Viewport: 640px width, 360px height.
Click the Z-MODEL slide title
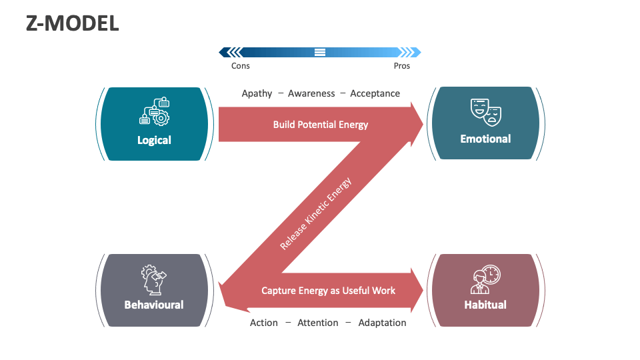coord(72,23)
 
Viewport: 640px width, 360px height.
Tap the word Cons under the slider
coord(241,66)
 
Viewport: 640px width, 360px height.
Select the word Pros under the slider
coord(402,66)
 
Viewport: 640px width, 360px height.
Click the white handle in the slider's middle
coord(320,52)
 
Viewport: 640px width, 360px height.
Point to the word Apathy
coord(257,93)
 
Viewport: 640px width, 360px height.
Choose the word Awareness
coord(311,93)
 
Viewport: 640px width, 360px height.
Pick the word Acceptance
coord(375,93)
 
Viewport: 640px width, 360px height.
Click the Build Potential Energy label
coord(320,125)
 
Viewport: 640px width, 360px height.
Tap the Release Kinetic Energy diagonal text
coord(315,213)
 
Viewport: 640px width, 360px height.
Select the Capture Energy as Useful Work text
coord(328,291)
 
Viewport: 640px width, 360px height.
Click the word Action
coord(264,323)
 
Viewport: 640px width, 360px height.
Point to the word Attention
coord(318,323)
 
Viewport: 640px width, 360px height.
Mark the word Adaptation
coord(382,323)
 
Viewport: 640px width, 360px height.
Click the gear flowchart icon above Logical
coord(155,112)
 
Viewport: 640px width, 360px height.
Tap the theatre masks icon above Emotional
coord(485,111)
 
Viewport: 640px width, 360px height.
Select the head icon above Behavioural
coord(153,279)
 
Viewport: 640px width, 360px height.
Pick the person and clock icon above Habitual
coord(485,280)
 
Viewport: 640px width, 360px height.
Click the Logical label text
coord(154,140)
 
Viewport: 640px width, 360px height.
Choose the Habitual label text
coord(485,305)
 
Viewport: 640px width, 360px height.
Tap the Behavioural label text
coord(154,305)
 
